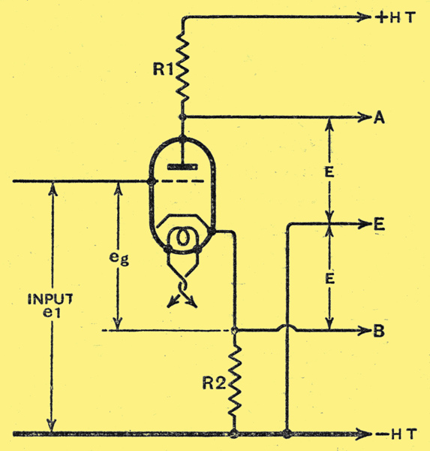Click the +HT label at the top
coord(395,18)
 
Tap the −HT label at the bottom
coord(396,434)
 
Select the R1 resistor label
coord(163,69)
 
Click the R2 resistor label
coord(214,383)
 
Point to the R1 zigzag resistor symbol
coord(182,67)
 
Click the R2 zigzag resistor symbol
coord(235,381)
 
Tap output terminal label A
coord(379,118)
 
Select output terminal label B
coord(379,331)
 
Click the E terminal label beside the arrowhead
coord(379,224)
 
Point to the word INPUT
coord(50,299)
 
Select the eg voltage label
coord(119,258)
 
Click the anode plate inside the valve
coord(182,167)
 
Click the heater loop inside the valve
coord(182,237)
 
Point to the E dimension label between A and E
coord(329,172)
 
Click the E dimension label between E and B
coord(329,278)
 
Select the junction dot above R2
coord(235,331)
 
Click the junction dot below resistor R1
coord(182,117)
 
